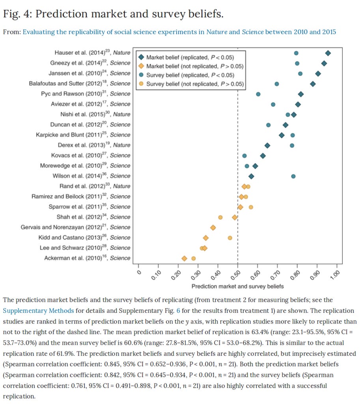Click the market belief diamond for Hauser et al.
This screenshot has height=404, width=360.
coord(328,53)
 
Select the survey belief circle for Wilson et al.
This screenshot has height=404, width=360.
coord(293,176)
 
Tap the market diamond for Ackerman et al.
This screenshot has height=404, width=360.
coord(184,258)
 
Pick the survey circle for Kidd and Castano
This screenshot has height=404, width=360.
coord(230,238)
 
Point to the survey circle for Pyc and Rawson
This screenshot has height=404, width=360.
coord(258,94)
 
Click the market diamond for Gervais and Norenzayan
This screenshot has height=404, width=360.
coord(213,228)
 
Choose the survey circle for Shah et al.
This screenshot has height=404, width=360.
coord(220,217)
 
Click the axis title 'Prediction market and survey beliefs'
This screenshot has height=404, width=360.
coord(237,286)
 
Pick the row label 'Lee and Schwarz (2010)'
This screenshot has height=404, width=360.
coord(85,248)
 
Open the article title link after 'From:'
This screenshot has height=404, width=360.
coord(179,32)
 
